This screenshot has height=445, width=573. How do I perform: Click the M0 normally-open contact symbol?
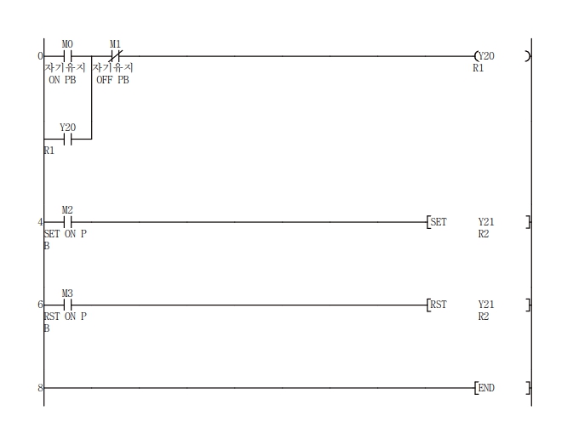(x=67, y=56)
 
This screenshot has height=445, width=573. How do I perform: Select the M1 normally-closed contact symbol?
(x=116, y=56)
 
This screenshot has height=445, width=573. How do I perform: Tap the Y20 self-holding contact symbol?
(x=67, y=139)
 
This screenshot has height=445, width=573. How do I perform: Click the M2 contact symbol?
(x=67, y=221)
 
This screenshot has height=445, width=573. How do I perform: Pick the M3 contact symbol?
(x=67, y=305)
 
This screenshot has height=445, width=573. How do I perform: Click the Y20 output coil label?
(x=486, y=56)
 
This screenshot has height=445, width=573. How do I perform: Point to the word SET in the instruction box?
(x=438, y=221)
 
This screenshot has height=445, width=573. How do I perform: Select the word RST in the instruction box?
(x=438, y=305)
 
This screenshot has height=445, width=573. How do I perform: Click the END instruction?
(x=486, y=388)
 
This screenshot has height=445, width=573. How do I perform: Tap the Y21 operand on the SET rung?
(x=486, y=221)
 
